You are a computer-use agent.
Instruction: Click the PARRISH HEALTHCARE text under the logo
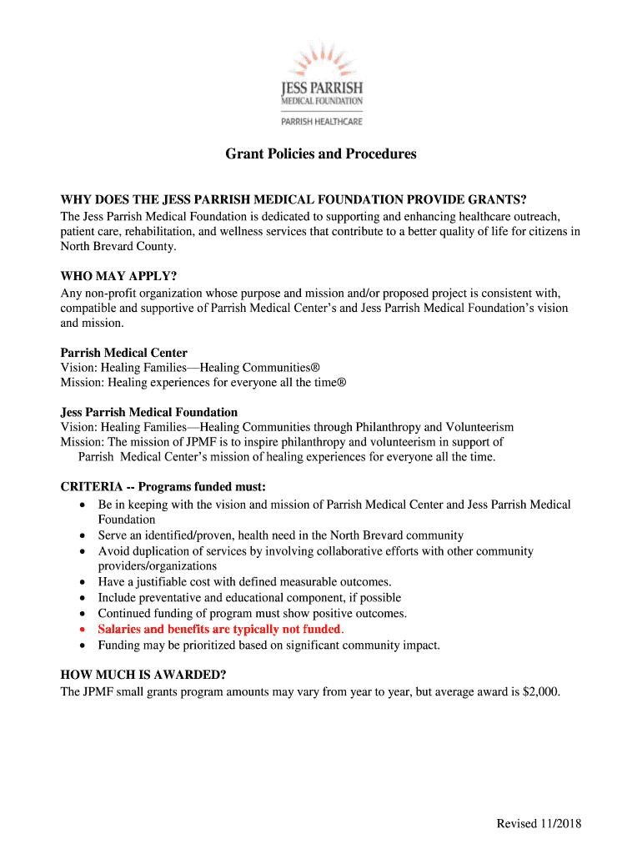pos(320,121)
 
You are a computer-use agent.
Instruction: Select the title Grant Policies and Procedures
pos(321,154)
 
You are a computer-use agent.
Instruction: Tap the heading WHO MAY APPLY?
pos(119,276)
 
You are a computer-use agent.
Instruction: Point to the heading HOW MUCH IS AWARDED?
pos(143,675)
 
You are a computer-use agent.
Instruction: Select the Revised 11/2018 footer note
pos(539,824)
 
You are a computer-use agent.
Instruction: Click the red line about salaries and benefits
pos(220,629)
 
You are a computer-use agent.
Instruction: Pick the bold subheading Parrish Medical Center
pos(124,353)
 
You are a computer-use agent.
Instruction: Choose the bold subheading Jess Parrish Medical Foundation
pos(149,412)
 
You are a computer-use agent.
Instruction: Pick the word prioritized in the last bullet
pos(207,645)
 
